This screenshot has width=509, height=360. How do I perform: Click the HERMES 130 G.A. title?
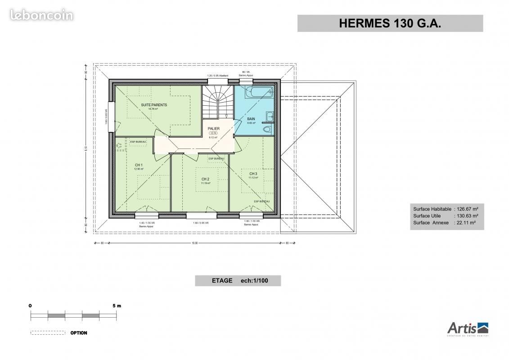pyautogui.click(x=390, y=24)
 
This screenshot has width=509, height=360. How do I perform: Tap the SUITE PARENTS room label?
pyautogui.click(x=154, y=105)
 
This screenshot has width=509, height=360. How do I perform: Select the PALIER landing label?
pyautogui.click(x=213, y=129)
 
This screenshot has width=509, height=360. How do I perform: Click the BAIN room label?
pyautogui.click(x=251, y=119)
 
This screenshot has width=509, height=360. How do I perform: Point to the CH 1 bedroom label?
pyautogui.click(x=139, y=165)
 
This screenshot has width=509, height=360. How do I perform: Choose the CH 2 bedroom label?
pyautogui.click(x=205, y=179)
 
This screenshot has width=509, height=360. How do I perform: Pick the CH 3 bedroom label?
pyautogui.click(x=253, y=174)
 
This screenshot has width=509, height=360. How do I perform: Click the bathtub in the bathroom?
pyautogui.click(x=258, y=93)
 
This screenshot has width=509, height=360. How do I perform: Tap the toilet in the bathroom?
pyautogui.click(x=267, y=129)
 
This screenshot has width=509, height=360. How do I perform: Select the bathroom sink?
pyautogui.click(x=269, y=117)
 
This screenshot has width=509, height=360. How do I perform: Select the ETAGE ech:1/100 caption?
pyautogui.click(x=238, y=281)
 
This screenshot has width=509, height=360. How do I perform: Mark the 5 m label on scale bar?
pyautogui.click(x=117, y=306)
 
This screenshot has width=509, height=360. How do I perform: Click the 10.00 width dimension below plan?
pyautogui.click(x=194, y=243)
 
